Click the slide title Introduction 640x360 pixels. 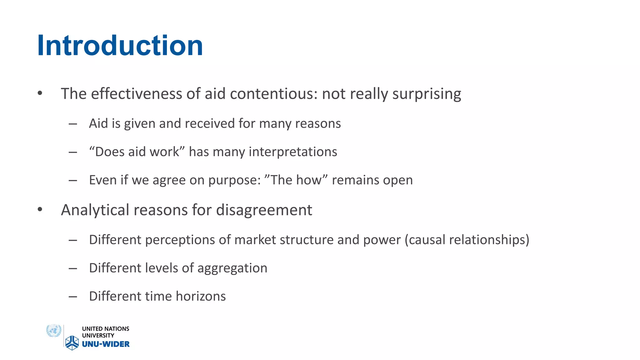(120, 46)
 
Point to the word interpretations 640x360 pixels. (293, 152)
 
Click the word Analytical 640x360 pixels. (95, 210)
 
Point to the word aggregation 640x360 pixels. (232, 268)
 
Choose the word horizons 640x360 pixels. (201, 296)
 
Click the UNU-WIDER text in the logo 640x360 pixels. (106, 344)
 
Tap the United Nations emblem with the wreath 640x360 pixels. (53, 331)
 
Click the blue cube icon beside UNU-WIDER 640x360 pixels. (72, 342)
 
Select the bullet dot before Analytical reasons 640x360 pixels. (40, 209)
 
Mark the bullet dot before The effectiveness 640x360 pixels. (40, 93)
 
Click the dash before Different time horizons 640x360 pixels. (73, 297)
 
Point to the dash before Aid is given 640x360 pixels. (73, 124)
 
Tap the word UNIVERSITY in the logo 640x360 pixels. (98, 336)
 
